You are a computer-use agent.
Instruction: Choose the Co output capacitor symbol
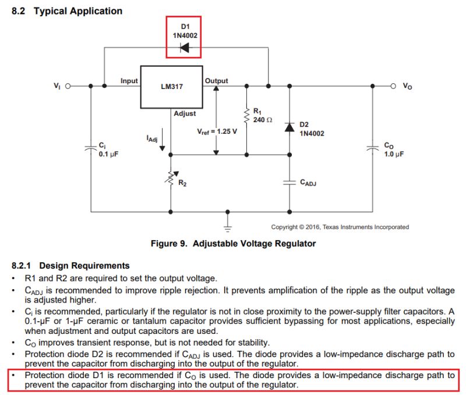click(x=373, y=148)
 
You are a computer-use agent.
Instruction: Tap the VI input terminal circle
click(x=68, y=86)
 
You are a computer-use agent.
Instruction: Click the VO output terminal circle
click(x=393, y=86)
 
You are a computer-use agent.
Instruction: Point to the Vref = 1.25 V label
click(x=217, y=131)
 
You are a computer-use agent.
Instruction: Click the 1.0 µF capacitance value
click(x=393, y=154)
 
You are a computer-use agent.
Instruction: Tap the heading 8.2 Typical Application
click(x=67, y=11)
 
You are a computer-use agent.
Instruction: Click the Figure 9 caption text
click(x=233, y=243)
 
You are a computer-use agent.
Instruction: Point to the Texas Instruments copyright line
click(x=340, y=227)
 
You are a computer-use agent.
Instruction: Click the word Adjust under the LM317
click(x=185, y=113)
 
